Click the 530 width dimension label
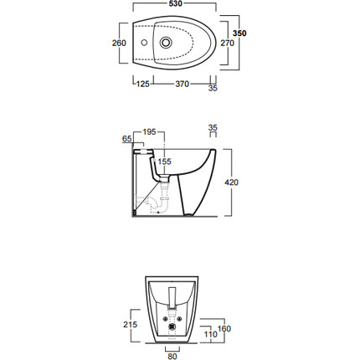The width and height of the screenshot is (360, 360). pos(176,3)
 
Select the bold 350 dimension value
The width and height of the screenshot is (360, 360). pos(239,33)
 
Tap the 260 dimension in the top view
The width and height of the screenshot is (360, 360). pos(119,43)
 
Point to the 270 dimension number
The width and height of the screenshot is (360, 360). pos(228,43)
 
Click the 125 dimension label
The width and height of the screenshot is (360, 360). pos(142,84)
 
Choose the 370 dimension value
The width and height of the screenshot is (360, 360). pos(182,84)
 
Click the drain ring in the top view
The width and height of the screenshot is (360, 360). pos(166,43)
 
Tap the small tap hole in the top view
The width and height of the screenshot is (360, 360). pos(144,43)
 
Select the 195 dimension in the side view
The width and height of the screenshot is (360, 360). pos(149,131)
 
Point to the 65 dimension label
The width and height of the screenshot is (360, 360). pos(127,139)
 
